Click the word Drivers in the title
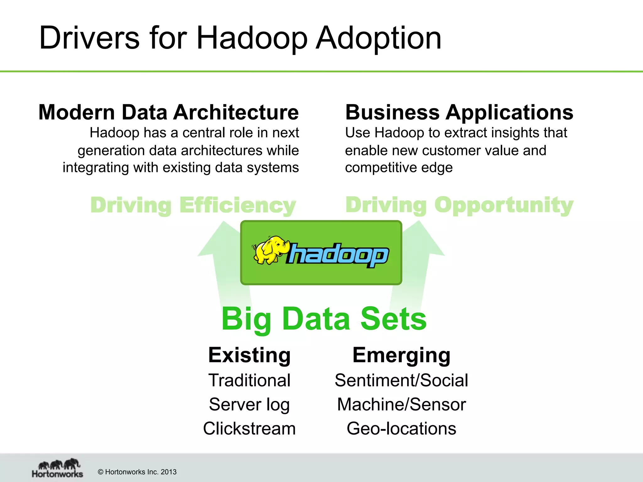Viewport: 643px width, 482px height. tap(89, 38)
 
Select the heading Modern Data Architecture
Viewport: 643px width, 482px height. tap(169, 112)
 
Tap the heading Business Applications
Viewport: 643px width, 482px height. tap(459, 112)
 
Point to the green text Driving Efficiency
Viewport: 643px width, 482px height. tap(193, 205)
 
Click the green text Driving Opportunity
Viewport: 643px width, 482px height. tap(459, 205)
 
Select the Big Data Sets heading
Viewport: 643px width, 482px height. tap(324, 319)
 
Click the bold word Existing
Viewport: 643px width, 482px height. tap(249, 355)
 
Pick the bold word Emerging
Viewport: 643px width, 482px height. tap(401, 355)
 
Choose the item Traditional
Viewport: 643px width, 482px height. tap(249, 380)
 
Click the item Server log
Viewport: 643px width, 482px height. tap(249, 404)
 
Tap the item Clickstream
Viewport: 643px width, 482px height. tap(249, 429)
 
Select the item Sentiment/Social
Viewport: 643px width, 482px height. tap(401, 380)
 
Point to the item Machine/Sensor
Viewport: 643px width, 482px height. tap(401, 404)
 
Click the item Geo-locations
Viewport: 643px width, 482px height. tap(401, 429)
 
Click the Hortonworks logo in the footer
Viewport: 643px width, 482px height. tap(57, 468)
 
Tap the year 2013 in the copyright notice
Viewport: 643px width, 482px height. tap(169, 472)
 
